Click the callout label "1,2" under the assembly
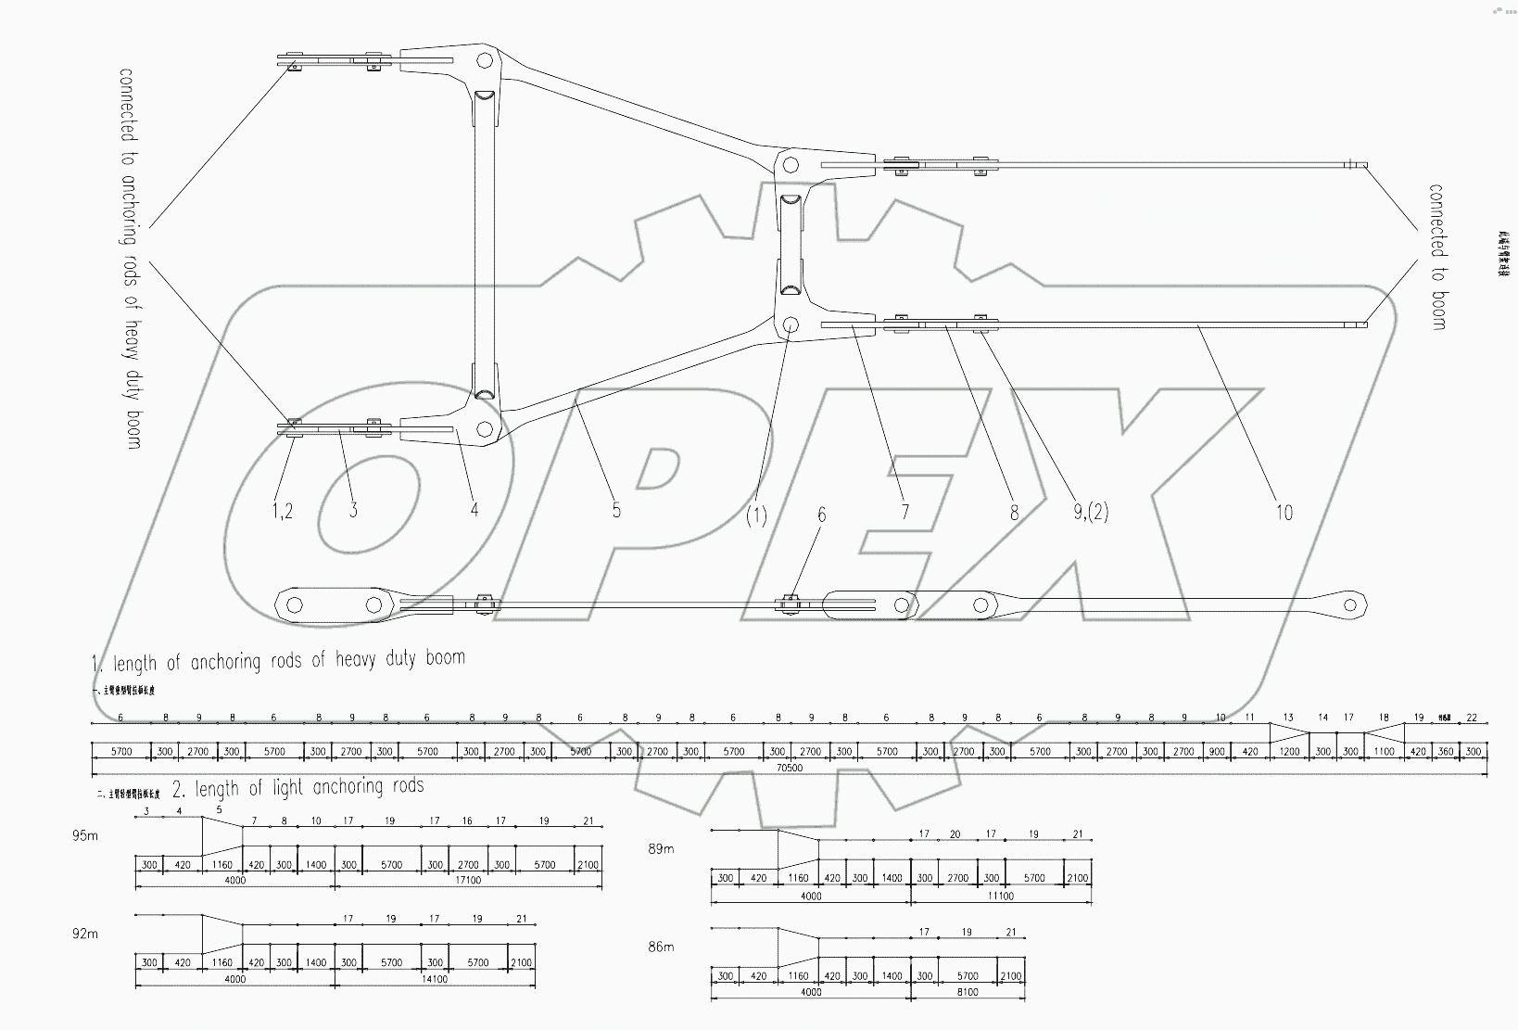tap(283, 511)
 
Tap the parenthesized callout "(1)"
tap(756, 515)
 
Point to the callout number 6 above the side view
tap(820, 516)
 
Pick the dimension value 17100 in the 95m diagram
tap(469, 880)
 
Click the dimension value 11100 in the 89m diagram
tap(1000, 896)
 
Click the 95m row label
tap(84, 835)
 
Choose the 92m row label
tap(84, 934)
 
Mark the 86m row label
tap(661, 947)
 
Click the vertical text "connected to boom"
tap(1436, 256)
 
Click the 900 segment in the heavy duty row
tap(1216, 752)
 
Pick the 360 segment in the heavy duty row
tap(1445, 752)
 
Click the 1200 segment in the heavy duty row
tap(1289, 752)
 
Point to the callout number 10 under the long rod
tap(1284, 512)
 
